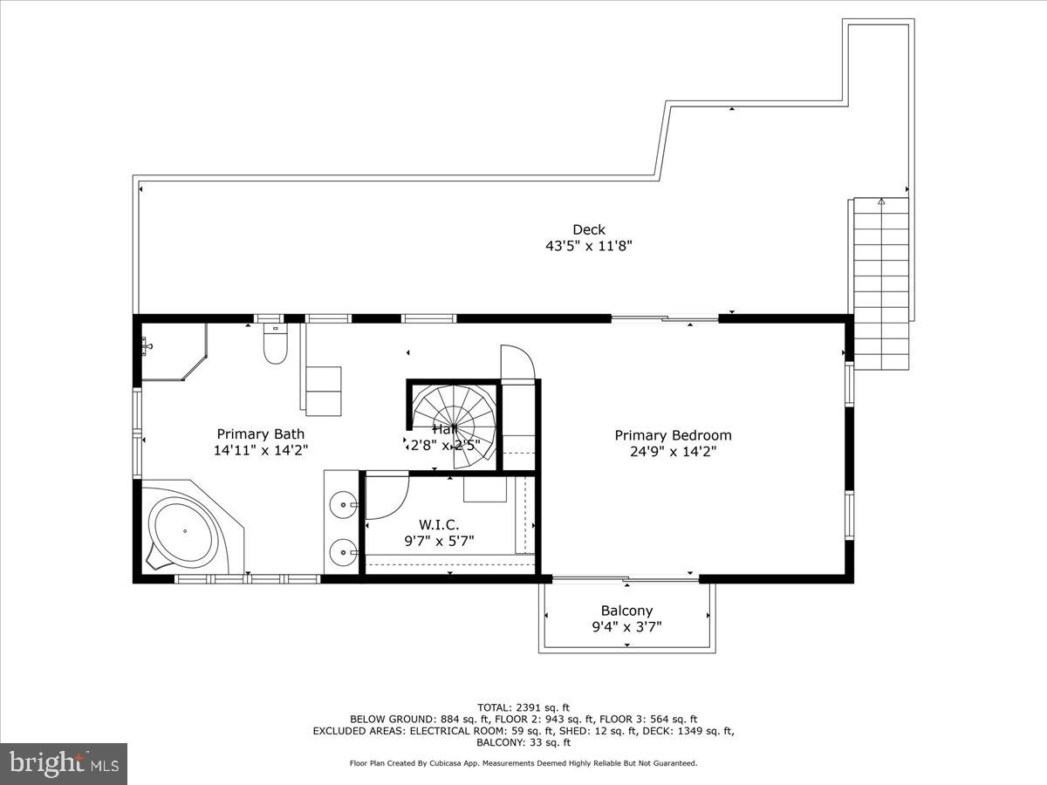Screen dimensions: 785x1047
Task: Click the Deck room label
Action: coord(589,230)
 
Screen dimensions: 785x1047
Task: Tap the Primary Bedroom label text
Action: coord(673,435)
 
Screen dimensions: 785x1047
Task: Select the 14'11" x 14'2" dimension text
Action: coord(261,450)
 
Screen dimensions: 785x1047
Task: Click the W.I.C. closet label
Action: coord(438,524)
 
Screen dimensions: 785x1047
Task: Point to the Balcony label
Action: coord(626,611)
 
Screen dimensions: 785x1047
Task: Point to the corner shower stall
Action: coord(170,351)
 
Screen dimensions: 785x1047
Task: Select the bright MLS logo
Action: coord(64,763)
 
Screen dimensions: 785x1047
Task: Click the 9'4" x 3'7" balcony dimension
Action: coord(626,626)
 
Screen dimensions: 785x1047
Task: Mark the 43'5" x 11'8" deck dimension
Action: coord(589,246)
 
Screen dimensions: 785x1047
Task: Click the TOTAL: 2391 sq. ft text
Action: coord(523,706)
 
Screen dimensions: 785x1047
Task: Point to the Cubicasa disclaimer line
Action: coord(523,763)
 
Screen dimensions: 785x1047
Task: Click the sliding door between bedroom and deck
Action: coord(665,319)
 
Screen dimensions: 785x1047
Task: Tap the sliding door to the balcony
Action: coord(626,577)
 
